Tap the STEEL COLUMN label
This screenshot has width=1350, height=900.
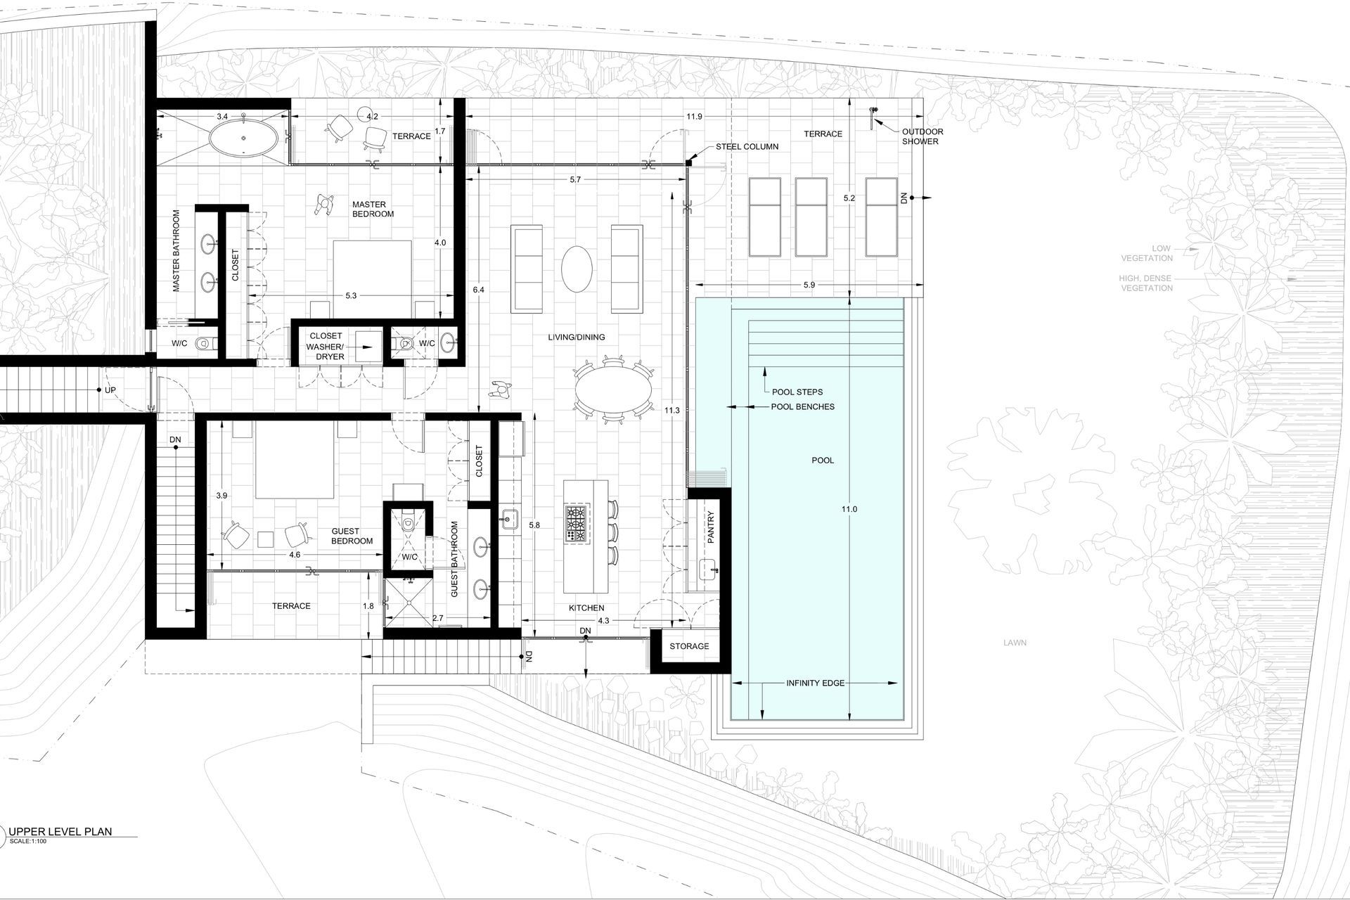pyautogui.click(x=747, y=147)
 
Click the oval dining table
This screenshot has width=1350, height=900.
pyautogui.click(x=613, y=391)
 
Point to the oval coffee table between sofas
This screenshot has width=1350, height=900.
pyautogui.click(x=577, y=269)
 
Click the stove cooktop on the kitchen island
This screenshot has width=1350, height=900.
pyautogui.click(x=577, y=524)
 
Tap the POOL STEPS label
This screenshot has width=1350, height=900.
pyautogui.click(x=797, y=392)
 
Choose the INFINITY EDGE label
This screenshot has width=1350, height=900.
pyautogui.click(x=816, y=683)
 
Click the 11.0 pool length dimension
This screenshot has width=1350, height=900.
pyautogui.click(x=849, y=509)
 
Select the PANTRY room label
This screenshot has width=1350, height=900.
pyautogui.click(x=711, y=527)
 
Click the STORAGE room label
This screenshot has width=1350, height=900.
pyautogui.click(x=689, y=646)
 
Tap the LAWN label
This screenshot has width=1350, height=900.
pyautogui.click(x=1015, y=643)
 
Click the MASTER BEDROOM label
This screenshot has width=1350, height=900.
pyautogui.click(x=373, y=209)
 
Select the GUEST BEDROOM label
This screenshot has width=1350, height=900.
pyautogui.click(x=352, y=536)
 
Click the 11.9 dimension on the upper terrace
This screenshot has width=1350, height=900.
pyautogui.click(x=694, y=117)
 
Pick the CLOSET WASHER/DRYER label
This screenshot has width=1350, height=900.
pyautogui.click(x=326, y=347)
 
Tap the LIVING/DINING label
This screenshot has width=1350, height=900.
pyautogui.click(x=577, y=337)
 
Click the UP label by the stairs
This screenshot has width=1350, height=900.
pyautogui.click(x=110, y=390)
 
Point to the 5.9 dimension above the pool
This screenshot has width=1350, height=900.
pyautogui.click(x=809, y=285)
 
